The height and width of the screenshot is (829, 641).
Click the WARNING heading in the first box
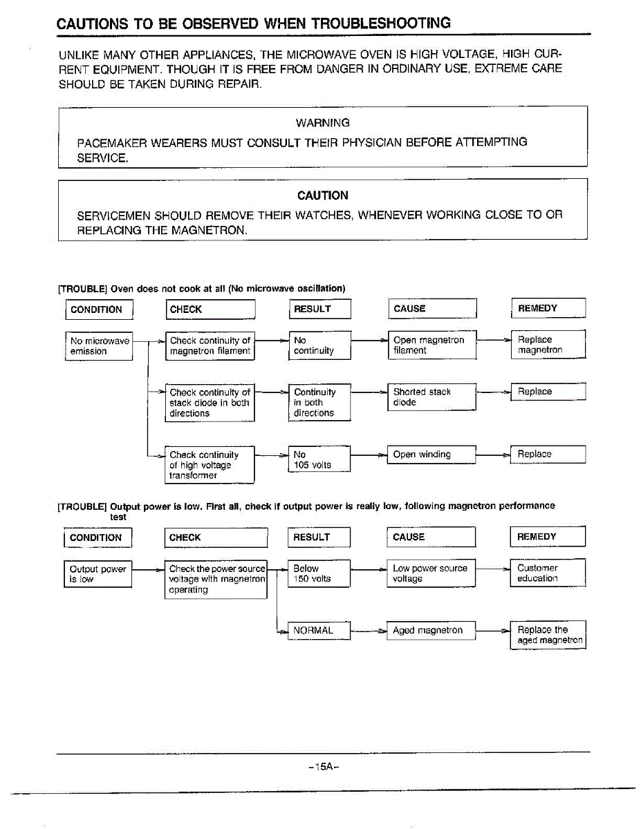[322, 123]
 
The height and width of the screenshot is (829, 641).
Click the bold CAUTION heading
[322, 196]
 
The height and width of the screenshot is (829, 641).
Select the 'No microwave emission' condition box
[99, 346]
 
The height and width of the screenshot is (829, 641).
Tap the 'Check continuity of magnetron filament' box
[210, 345]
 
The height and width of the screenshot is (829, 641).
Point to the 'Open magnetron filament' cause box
[432, 345]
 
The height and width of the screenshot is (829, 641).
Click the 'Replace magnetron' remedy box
[548, 345]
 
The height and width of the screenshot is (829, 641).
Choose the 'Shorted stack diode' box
[432, 397]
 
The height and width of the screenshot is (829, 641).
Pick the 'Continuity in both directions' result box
[319, 402]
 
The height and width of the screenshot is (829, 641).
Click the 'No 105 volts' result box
[319, 459]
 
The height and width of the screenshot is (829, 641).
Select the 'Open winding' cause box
[432, 455]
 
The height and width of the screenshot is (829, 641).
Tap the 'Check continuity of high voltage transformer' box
[210, 465]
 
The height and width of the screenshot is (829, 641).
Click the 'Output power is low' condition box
[98, 574]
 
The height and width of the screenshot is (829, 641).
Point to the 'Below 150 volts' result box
[319, 573]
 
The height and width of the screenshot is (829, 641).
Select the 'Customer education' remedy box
[548, 573]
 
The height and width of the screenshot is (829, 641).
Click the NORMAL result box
[319, 630]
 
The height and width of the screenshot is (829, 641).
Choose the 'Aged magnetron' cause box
[432, 630]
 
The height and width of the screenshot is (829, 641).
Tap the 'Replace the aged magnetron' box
[548, 635]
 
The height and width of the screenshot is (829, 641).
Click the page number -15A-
[323, 768]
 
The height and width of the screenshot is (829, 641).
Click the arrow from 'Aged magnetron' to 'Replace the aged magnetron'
[493, 631]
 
